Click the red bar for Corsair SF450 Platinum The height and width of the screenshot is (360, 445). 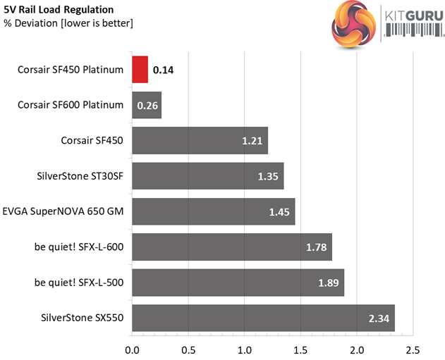point(140,70)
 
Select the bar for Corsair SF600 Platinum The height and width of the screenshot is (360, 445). point(147,105)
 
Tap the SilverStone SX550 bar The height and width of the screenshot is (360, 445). point(263,318)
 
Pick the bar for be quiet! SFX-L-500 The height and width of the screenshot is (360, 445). point(238,283)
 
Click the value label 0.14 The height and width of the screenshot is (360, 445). point(164,70)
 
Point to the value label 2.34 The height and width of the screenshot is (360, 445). point(379,318)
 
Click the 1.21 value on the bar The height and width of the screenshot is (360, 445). point(252,141)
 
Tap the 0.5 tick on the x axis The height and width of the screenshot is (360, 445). point(188,349)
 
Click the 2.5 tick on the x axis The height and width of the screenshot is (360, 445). point(413,349)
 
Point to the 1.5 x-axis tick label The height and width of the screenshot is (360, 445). point(300,349)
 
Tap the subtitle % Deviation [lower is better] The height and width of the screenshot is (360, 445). point(68,23)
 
